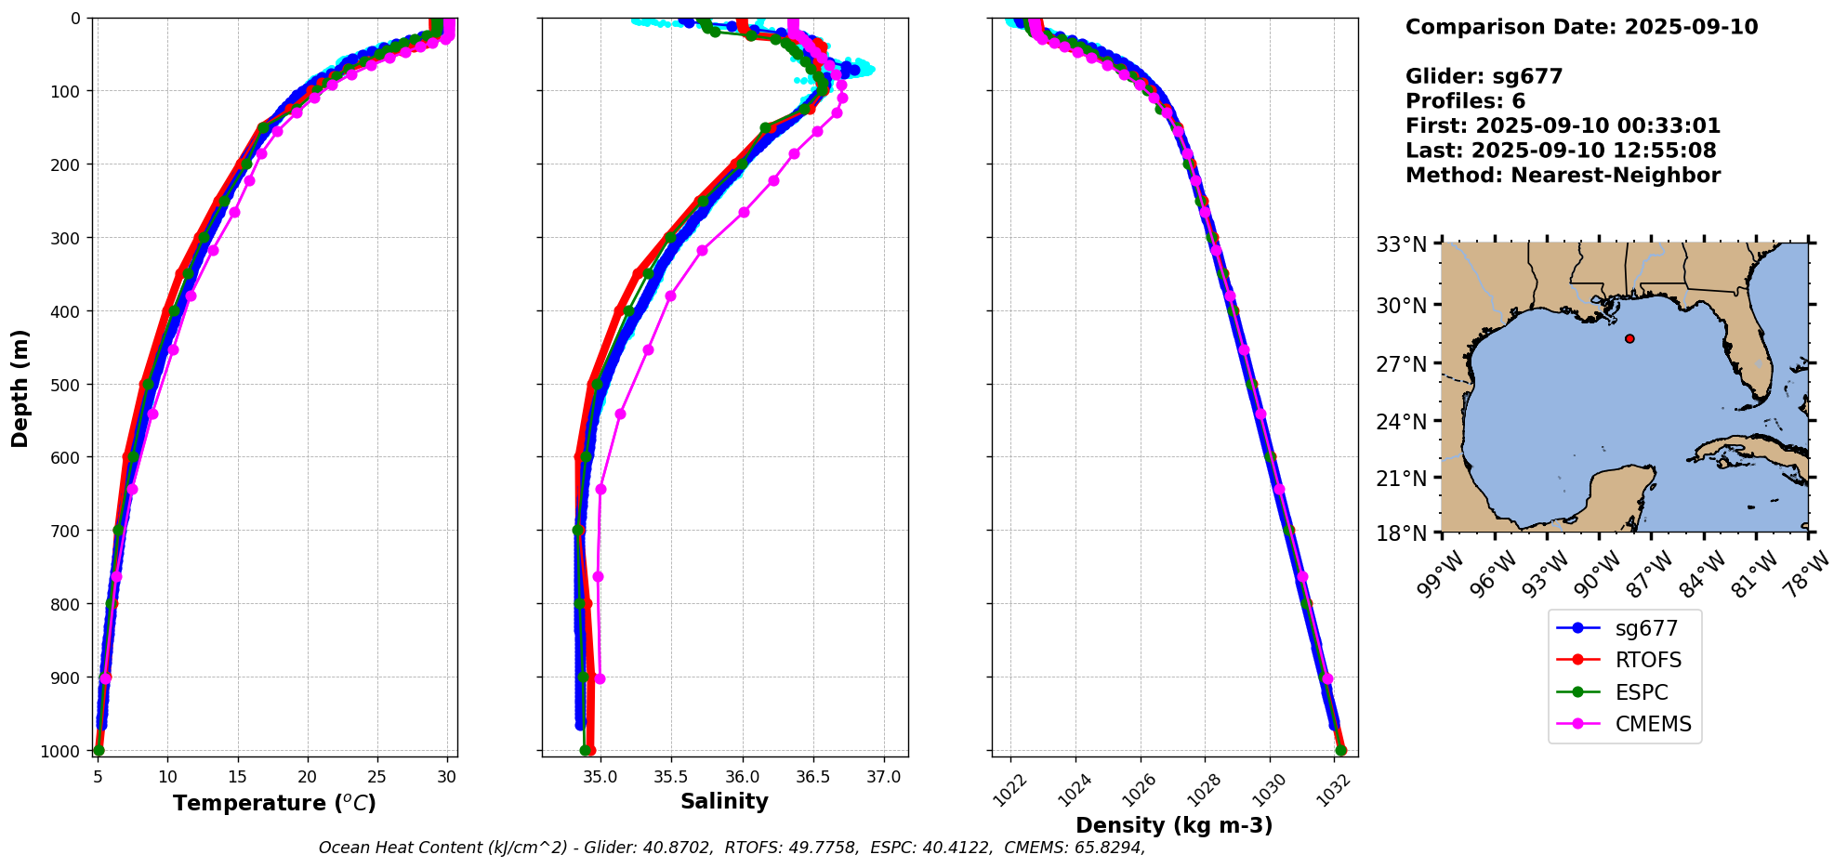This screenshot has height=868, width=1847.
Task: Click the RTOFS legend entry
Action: tap(1648, 661)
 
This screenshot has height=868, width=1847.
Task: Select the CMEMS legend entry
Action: tap(1653, 725)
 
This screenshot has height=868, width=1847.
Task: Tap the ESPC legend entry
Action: tap(1642, 693)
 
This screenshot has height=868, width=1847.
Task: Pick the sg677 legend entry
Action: tap(1646, 629)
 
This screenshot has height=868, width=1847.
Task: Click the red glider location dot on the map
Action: tap(1629, 338)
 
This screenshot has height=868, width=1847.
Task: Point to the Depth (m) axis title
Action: tap(20, 388)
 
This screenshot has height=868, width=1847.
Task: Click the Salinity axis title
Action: tap(724, 802)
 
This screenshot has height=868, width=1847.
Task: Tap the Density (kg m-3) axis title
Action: tap(1174, 825)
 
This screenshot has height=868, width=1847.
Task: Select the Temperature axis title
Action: tap(274, 803)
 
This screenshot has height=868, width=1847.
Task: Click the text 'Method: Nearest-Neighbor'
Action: tap(1563, 176)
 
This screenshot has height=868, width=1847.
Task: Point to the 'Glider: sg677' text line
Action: tap(1484, 76)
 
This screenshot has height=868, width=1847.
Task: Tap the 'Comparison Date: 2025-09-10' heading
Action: tap(1581, 27)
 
